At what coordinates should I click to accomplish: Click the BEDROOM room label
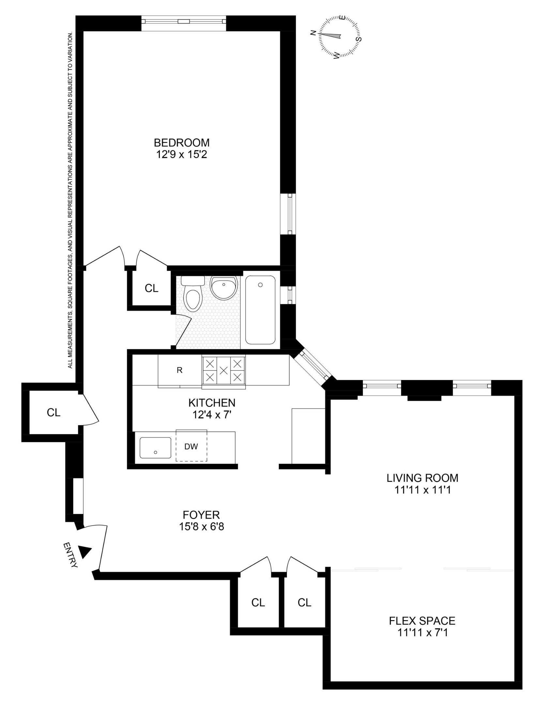pyautogui.click(x=182, y=143)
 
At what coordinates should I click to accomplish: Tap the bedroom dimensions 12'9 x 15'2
pyautogui.click(x=182, y=154)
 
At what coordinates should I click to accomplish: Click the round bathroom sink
pyautogui.click(x=223, y=285)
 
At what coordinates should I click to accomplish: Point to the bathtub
pyautogui.click(x=260, y=310)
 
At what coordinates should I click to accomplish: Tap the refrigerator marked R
pyautogui.click(x=179, y=370)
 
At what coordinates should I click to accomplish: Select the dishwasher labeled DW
pyautogui.click(x=191, y=446)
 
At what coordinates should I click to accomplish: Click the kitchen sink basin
pyautogui.click(x=155, y=447)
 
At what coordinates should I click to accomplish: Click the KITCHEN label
pyautogui.click(x=212, y=403)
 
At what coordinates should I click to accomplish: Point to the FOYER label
pyautogui.click(x=201, y=515)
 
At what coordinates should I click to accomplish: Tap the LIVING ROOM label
pyautogui.click(x=422, y=478)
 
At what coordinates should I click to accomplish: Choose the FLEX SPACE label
pyautogui.click(x=422, y=620)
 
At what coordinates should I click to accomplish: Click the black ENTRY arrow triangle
pyautogui.click(x=85, y=552)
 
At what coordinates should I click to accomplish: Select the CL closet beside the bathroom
pyautogui.click(x=151, y=288)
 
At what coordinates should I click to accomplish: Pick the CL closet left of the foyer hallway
pyautogui.click(x=53, y=413)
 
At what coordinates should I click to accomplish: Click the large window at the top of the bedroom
pyautogui.click(x=184, y=22)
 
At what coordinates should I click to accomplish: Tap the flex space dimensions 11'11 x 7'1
pyautogui.click(x=422, y=633)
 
